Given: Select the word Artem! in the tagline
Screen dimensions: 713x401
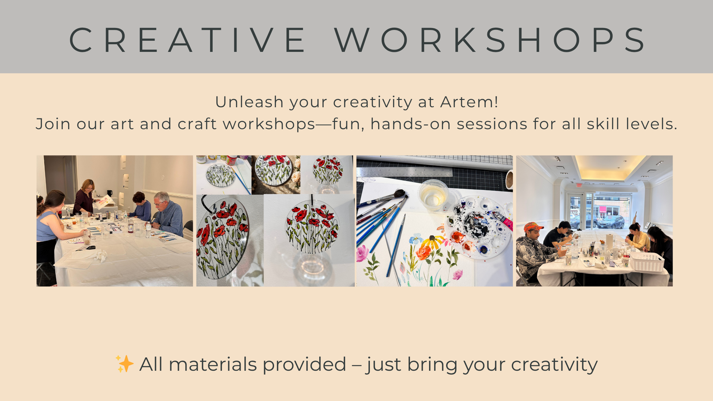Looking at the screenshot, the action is point(469,102).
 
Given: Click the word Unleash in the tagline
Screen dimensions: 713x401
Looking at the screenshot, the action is point(249,102).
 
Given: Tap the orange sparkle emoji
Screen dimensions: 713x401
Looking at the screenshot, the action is point(124,363).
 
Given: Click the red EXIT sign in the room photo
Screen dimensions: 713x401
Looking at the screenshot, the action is point(579,185).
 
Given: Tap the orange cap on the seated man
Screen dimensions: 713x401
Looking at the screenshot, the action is point(533,227).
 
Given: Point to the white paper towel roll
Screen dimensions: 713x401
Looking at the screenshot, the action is point(609,242).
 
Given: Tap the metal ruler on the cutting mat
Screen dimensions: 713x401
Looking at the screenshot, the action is point(404,172).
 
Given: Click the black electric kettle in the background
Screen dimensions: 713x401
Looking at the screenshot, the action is point(109,193).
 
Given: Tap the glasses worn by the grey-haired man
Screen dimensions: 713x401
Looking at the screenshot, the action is point(159,203).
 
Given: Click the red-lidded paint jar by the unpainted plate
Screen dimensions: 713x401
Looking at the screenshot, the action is point(232,160).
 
